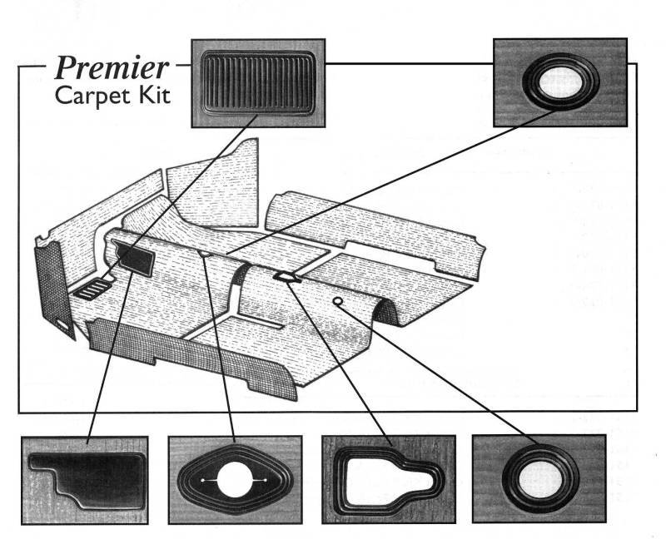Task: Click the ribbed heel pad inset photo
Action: point(257,82)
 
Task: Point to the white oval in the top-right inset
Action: point(559,82)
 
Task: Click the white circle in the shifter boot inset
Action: point(233,481)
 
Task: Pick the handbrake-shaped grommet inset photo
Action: point(388,481)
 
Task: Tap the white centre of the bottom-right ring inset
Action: point(538,481)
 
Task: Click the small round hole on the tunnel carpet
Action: point(337,301)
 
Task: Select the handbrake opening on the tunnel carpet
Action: point(284,276)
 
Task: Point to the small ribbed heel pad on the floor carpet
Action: point(91,289)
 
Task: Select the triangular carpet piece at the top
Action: point(212,187)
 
